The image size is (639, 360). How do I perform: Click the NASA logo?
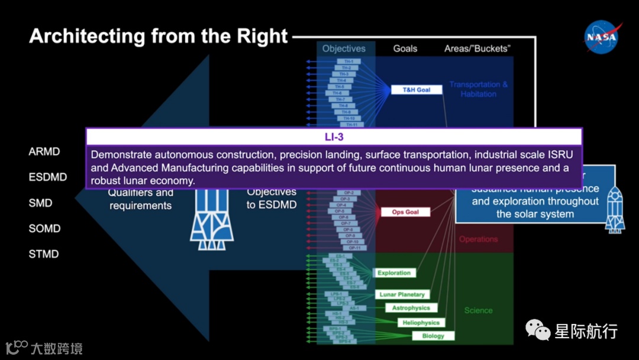pos(602,38)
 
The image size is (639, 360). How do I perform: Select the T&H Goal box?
pos(416,90)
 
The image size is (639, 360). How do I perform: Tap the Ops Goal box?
pos(405,212)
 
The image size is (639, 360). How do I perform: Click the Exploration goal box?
pos(394,273)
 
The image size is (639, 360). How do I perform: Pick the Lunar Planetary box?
pos(402,294)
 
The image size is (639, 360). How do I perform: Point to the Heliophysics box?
pos(421,323)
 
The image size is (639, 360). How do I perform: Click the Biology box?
pos(433,336)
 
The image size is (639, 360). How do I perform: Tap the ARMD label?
pos(44,152)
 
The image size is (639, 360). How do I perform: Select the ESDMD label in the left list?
pos(48,177)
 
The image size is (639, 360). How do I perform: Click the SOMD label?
pos(44,229)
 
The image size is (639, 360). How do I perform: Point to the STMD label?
pos(44,254)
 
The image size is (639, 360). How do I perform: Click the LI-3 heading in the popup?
pos(334,137)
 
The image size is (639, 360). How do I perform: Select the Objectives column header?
pos(344,49)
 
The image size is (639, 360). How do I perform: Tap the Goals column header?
pos(405,49)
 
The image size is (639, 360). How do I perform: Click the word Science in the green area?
pos(478,310)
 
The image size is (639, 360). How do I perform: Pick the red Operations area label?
pos(478,239)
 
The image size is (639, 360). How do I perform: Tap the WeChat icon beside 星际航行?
pos(538,330)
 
